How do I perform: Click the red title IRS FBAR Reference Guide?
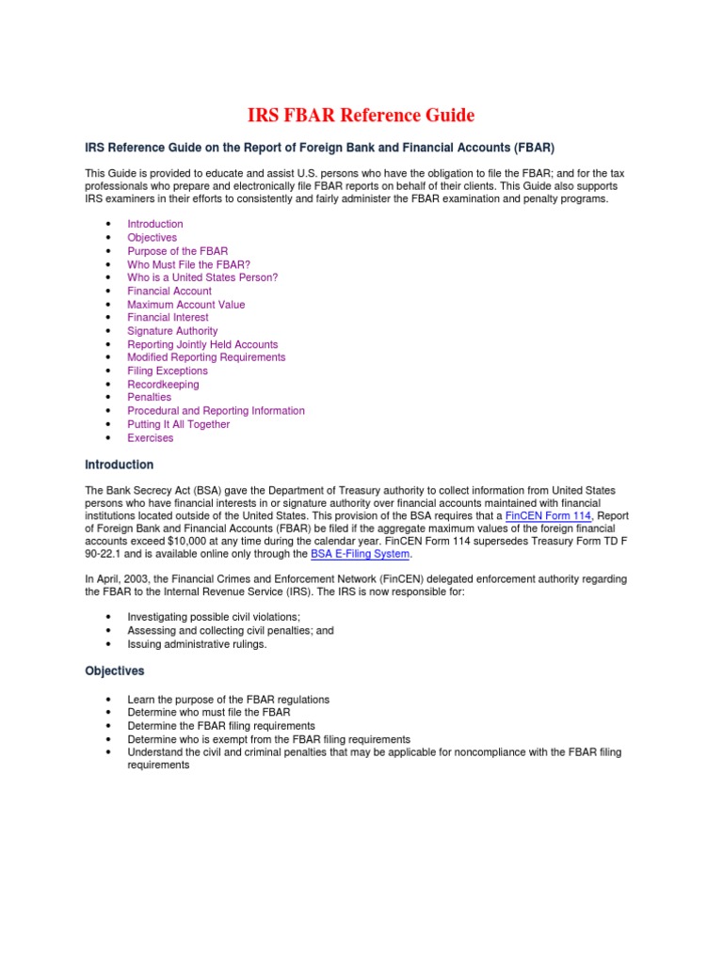coord(361,116)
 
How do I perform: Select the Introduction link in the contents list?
coord(155,224)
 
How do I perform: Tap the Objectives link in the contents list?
coord(152,238)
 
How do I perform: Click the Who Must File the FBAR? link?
coord(188,264)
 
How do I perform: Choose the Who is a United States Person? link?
coord(202,277)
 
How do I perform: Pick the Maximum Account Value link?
coord(185,305)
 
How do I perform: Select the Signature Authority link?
coord(172,331)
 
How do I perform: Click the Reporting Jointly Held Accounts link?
coord(202,344)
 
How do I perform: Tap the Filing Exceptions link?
coord(168,371)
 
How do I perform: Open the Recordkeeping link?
coord(163,385)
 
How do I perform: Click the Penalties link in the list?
coord(150,397)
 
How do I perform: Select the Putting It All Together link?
coord(179,424)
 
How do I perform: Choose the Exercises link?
coord(151,437)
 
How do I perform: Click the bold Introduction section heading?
coord(119,465)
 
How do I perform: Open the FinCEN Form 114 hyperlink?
coord(548,516)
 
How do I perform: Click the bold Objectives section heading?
coord(115,671)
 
